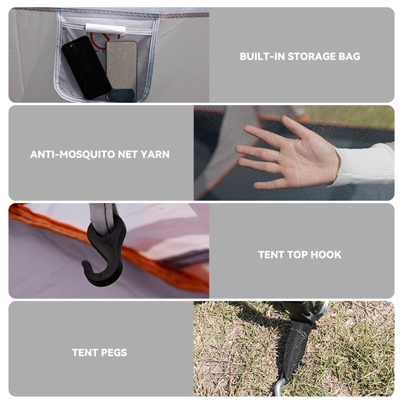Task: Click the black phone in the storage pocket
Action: (86, 67)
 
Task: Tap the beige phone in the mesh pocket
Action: (122, 71)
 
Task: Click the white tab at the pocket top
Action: (106, 29)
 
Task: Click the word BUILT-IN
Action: (262, 56)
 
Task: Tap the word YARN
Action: (155, 154)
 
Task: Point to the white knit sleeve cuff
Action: (365, 164)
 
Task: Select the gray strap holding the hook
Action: (103, 218)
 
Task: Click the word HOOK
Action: (326, 255)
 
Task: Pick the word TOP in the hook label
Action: (297, 255)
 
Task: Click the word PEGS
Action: (114, 353)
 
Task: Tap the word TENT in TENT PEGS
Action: (85, 353)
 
